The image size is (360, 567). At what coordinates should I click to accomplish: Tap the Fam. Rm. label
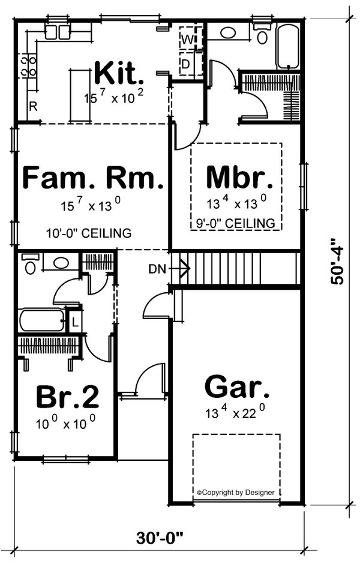[x=92, y=179]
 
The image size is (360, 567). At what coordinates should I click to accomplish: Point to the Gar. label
[x=236, y=388]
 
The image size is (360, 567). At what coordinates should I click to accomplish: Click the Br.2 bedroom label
[x=67, y=397]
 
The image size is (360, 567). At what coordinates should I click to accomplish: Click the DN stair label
[x=156, y=268]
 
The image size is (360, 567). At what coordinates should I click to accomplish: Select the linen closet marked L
[x=74, y=320]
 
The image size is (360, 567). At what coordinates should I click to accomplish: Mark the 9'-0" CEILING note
[x=236, y=223]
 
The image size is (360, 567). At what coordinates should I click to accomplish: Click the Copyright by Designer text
[x=236, y=492]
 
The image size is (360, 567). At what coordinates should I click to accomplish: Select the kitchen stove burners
[x=28, y=66]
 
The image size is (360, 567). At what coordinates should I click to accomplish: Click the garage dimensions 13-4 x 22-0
[x=236, y=413]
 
